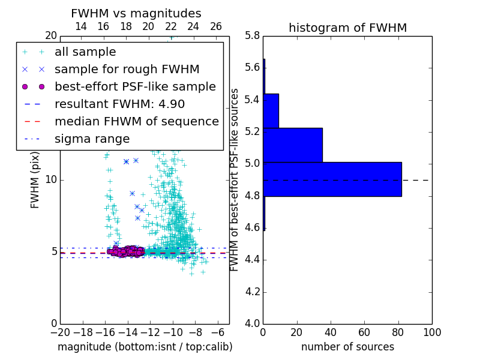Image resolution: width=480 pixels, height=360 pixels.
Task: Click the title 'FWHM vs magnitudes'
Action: (x=136, y=14)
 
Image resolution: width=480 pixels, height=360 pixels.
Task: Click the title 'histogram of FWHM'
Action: (x=347, y=28)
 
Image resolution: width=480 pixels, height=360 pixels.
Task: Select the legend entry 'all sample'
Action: (x=85, y=52)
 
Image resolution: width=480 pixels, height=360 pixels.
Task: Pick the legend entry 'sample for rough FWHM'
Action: (x=127, y=69)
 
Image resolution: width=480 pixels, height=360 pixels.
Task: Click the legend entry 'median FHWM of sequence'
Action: (x=136, y=121)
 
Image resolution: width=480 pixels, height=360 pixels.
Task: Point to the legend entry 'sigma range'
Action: (x=92, y=139)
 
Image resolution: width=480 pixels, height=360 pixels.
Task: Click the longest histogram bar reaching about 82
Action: (x=332, y=179)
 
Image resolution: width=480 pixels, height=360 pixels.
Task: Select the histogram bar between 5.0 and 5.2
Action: (x=293, y=145)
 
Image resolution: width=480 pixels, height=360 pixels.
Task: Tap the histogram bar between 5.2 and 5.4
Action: (x=271, y=111)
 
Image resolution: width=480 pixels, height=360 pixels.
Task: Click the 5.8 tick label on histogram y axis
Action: (x=252, y=36)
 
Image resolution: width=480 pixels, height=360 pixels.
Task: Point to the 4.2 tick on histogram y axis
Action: (x=252, y=292)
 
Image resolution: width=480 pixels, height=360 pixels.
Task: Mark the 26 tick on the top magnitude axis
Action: (x=216, y=26)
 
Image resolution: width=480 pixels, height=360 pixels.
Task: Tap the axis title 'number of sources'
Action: (x=347, y=347)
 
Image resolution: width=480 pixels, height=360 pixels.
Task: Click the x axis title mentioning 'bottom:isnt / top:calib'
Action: (x=145, y=347)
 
